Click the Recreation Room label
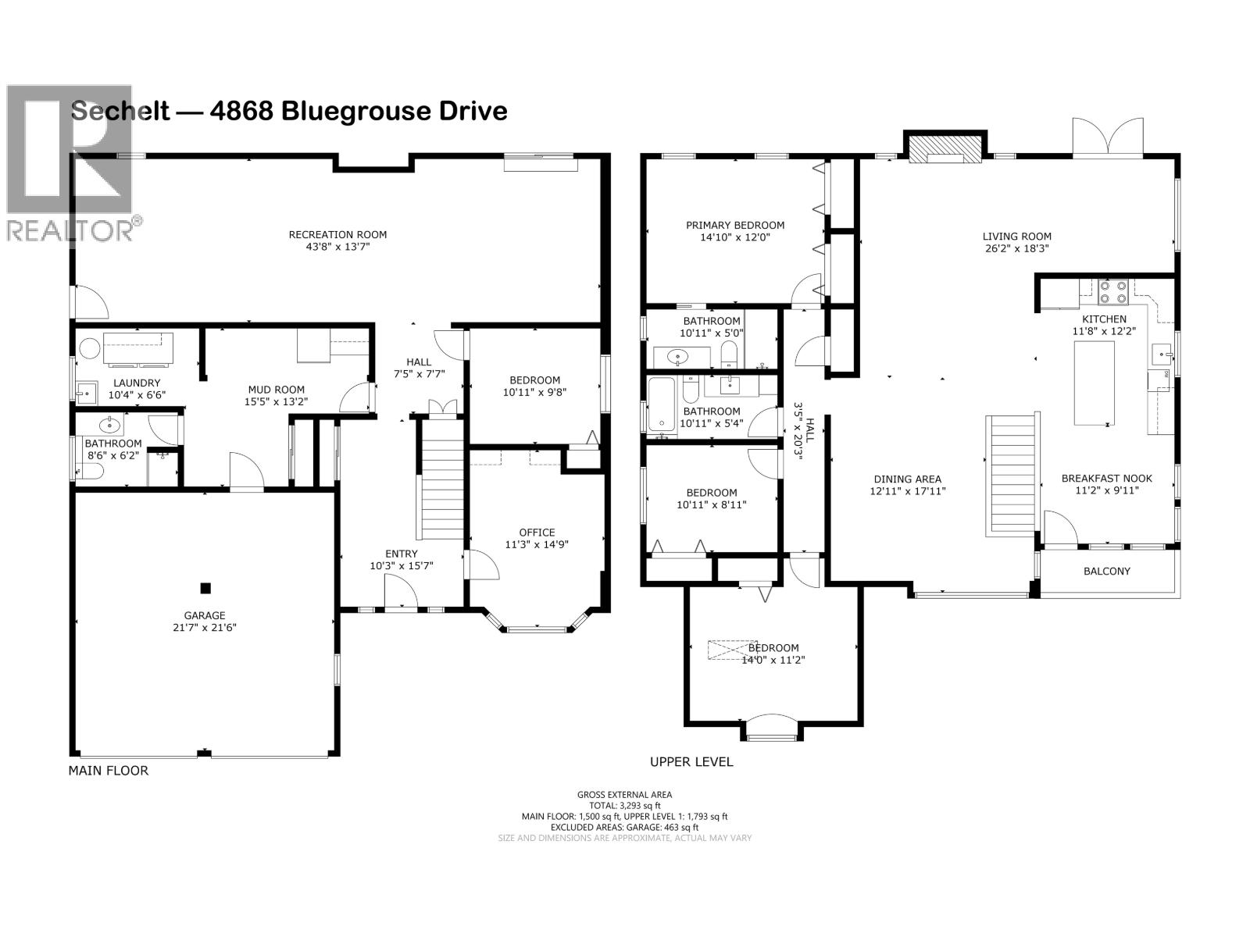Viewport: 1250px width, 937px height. (337, 234)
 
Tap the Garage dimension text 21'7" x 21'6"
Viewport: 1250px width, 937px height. (205, 627)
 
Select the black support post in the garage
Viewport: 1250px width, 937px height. (205, 588)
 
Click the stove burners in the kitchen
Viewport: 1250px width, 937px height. (1112, 292)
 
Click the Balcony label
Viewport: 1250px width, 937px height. (1106, 571)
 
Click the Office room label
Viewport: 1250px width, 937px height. (537, 533)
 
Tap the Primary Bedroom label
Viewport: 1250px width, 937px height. (735, 225)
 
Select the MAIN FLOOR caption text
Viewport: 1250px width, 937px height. (108, 771)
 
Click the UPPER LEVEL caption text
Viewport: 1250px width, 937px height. (691, 761)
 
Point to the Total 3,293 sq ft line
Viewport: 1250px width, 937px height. (624, 805)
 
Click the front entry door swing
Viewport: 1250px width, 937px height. (401, 597)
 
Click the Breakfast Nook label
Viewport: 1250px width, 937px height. (1106, 479)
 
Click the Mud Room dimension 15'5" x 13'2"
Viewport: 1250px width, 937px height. (277, 402)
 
